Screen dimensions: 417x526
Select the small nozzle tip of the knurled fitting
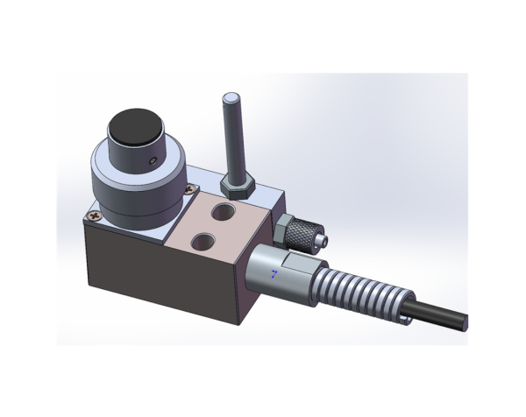point(323,238)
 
